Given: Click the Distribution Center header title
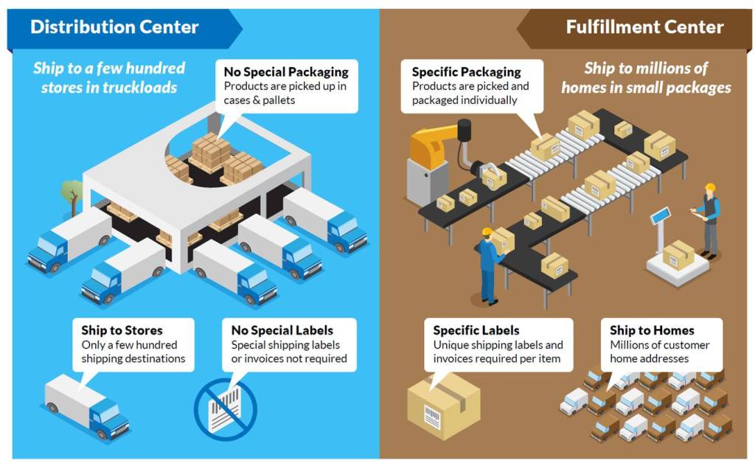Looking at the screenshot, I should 114,28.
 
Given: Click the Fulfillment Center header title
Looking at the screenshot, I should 644,28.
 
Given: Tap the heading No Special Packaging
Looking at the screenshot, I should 286,72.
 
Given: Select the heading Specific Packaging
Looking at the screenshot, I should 466,72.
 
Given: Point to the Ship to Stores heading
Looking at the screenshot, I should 122,330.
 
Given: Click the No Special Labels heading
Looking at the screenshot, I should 282,330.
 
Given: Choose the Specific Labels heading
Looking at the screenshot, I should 476,330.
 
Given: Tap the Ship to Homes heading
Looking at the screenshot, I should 652,330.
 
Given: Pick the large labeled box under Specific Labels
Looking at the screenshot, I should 443,405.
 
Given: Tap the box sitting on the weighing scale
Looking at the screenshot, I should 678,255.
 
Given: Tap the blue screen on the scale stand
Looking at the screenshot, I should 660,215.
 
